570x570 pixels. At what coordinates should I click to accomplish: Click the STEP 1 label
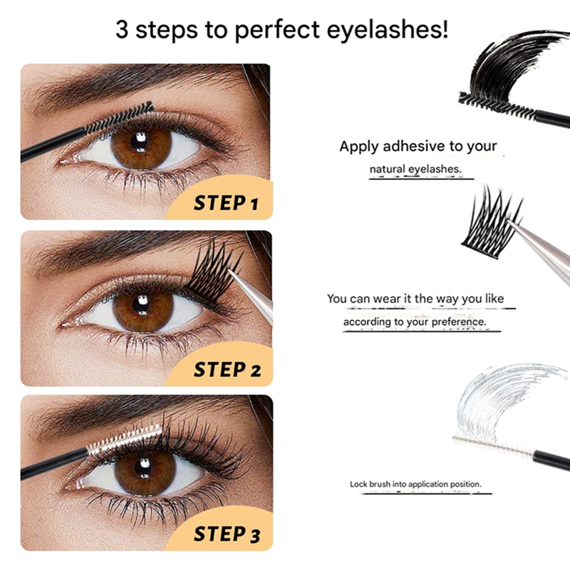(x=225, y=204)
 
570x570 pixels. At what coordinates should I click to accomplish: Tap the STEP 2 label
(x=227, y=370)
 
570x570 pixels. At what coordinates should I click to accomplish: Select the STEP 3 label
(x=227, y=534)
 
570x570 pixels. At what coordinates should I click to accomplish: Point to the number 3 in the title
(x=122, y=32)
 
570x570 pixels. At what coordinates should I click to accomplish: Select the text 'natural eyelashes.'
(x=415, y=170)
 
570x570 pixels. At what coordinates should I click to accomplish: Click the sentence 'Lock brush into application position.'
(x=415, y=484)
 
